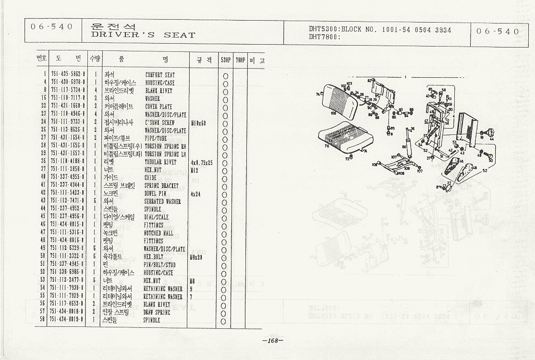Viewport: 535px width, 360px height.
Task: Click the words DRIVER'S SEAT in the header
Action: click(x=143, y=35)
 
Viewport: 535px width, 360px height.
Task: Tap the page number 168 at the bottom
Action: click(x=273, y=341)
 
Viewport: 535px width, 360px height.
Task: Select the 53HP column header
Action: click(x=225, y=60)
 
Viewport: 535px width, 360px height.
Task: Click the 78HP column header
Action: click(x=240, y=60)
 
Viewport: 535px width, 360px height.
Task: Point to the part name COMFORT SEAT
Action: click(x=160, y=75)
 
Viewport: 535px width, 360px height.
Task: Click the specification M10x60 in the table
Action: click(x=198, y=123)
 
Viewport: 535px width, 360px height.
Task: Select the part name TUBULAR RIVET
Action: click(x=161, y=162)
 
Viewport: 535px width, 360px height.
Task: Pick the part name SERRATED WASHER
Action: click(x=163, y=202)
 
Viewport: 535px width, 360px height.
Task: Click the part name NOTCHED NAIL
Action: click(x=158, y=233)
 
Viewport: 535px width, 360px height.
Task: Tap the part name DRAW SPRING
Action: click(x=157, y=312)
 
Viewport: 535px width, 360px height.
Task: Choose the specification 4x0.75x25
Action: click(x=201, y=162)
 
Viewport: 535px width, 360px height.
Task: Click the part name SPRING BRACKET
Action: click(x=161, y=186)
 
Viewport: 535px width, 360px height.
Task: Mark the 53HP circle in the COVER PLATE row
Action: click(x=225, y=107)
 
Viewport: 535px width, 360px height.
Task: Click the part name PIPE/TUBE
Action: click(x=154, y=139)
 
